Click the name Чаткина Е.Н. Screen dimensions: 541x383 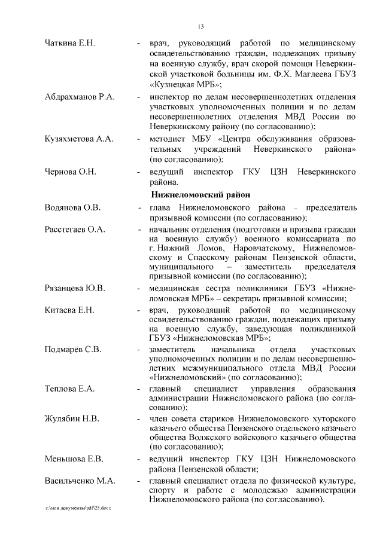(71, 43)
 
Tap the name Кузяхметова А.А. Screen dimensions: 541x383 (79, 139)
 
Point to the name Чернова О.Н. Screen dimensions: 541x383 (71, 172)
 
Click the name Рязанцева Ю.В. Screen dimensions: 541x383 (75, 288)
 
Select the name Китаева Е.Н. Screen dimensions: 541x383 (69, 310)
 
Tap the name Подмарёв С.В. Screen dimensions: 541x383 (72, 349)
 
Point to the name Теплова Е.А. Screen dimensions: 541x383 (70, 389)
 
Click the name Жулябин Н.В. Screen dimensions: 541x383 (72, 418)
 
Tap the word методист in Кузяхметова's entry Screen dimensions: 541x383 (169, 139)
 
